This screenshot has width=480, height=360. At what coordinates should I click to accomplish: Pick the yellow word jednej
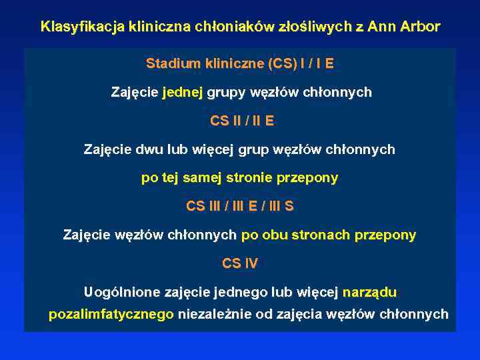183,92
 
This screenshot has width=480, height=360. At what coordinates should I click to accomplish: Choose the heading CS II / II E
242,121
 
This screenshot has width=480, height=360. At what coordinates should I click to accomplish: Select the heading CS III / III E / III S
240,207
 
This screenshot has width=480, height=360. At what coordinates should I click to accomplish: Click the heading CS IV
240,264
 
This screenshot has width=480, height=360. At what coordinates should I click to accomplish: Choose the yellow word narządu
369,292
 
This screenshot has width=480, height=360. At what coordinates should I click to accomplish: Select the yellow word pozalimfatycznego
111,315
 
